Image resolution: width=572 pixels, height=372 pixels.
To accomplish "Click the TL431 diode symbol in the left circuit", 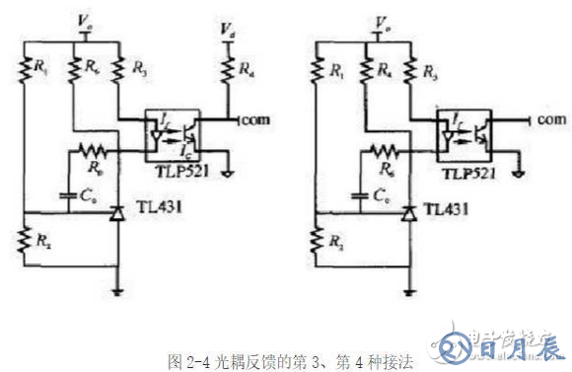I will [x=119, y=211].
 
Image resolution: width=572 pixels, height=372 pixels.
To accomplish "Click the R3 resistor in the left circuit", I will [x=119, y=70].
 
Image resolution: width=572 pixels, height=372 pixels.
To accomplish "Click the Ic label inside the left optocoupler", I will [x=184, y=149].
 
